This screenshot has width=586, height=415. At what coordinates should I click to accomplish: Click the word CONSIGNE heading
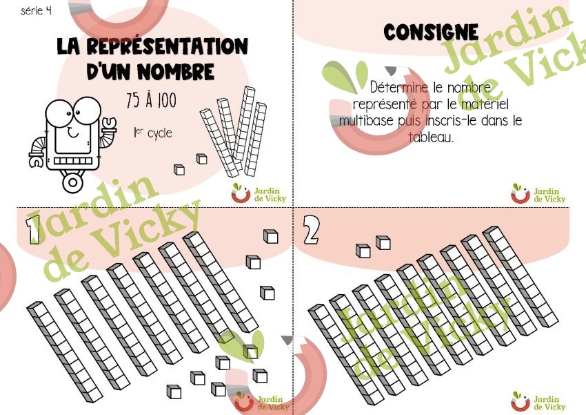[x=431, y=32]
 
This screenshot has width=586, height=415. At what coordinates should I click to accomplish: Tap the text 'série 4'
[x=37, y=10]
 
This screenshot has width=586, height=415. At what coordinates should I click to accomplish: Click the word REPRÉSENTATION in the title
[x=168, y=46]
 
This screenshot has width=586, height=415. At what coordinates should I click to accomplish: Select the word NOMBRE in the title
[x=176, y=71]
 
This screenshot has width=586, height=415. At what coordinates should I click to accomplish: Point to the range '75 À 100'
[x=151, y=100]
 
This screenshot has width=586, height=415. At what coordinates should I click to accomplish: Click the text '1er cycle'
[x=153, y=133]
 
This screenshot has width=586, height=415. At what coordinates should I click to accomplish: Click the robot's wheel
[x=73, y=182]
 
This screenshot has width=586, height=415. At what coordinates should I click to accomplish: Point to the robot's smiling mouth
[x=73, y=132]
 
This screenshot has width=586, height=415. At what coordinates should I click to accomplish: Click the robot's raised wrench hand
[x=109, y=126]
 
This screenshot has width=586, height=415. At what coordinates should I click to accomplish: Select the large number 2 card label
[x=311, y=230]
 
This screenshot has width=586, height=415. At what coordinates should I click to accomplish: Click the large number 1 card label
[x=33, y=229]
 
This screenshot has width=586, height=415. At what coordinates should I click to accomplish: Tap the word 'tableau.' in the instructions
[x=431, y=137]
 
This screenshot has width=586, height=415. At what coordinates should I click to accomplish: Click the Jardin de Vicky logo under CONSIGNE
[x=538, y=193]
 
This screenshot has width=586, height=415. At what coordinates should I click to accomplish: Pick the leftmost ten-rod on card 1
[x=65, y=352]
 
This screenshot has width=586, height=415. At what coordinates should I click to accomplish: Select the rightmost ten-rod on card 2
[x=521, y=276]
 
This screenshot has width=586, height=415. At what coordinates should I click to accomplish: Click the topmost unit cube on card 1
[x=270, y=236]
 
